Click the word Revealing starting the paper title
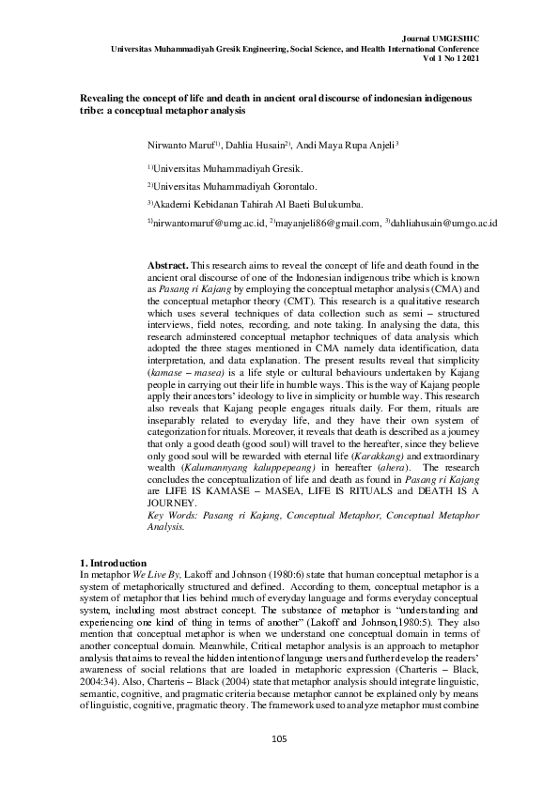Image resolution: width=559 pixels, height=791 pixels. [x=101, y=97]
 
